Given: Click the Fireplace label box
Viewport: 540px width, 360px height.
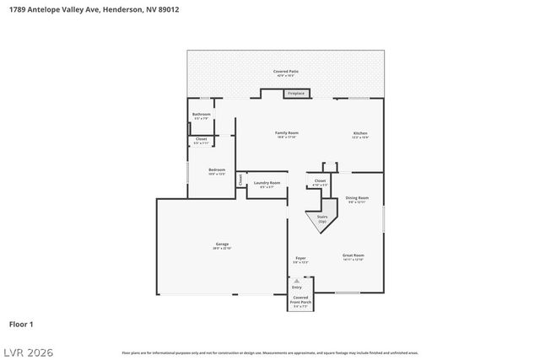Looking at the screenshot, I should pyautogui.click(x=297, y=94).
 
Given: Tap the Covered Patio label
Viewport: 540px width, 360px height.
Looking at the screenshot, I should pyautogui.click(x=286, y=73).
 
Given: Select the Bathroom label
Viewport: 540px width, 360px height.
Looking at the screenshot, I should pyautogui.click(x=201, y=116).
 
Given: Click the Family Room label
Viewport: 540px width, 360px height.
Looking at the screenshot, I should pyautogui.click(x=287, y=134).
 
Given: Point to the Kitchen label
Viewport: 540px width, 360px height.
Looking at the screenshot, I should pyautogui.click(x=360, y=134).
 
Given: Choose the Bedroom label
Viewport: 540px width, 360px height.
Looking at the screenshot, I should pyautogui.click(x=217, y=171).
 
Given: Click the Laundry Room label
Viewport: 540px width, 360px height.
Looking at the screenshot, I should pyautogui.click(x=267, y=183).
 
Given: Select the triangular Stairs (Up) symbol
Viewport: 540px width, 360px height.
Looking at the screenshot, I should pyautogui.click(x=321, y=220).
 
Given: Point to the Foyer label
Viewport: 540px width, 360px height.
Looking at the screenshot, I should pyautogui.click(x=300, y=259).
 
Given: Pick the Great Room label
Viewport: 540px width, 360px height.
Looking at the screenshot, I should pyautogui.click(x=353, y=256).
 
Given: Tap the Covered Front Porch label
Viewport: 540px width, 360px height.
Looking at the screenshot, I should pyautogui.click(x=300, y=301).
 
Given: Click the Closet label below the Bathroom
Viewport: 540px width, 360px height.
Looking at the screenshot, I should pyautogui.click(x=201, y=140).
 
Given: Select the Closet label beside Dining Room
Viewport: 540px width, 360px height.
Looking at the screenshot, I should pyautogui.click(x=320, y=181).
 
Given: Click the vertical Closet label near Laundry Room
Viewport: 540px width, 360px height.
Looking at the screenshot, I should pyautogui.click(x=240, y=180).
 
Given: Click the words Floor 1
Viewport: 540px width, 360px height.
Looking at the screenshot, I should pyautogui.click(x=21, y=324).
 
